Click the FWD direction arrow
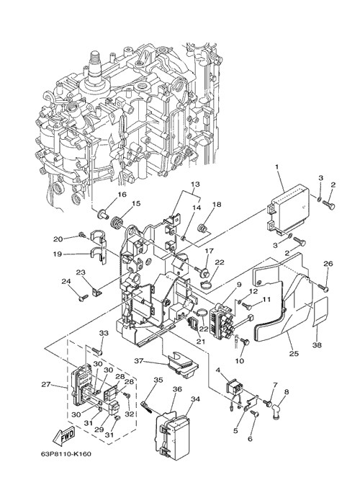(63, 436)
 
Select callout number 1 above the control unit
(276, 166)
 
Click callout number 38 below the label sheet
(318, 344)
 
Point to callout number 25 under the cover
(294, 353)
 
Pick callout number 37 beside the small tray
(139, 361)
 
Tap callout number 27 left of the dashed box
(46, 384)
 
